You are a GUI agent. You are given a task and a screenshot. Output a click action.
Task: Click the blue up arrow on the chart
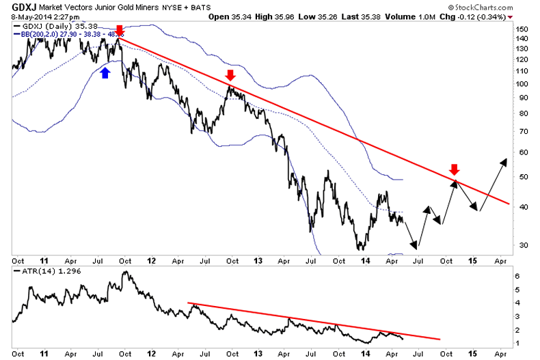pos(105,72)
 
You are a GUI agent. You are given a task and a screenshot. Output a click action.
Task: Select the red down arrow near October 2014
pos(454,169)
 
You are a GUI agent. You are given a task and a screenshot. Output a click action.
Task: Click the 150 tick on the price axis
pos(523,29)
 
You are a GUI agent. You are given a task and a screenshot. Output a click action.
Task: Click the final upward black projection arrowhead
pos(504,161)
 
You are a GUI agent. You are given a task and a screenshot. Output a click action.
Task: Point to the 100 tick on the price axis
pos(523,83)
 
